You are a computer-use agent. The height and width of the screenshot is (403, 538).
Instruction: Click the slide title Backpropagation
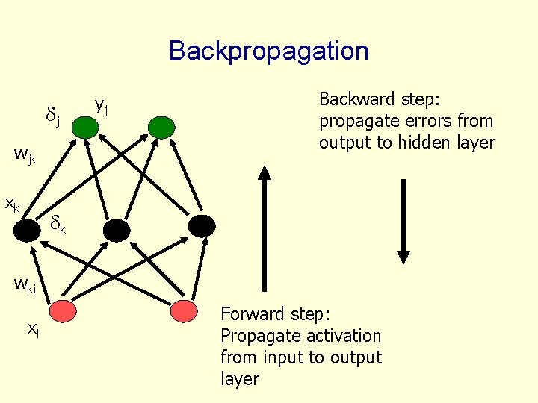coord(268,51)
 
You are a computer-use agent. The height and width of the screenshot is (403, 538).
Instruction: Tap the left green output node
coord(86,128)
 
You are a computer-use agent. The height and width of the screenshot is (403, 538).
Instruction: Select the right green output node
coord(160,128)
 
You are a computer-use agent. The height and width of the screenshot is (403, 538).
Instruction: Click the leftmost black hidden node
coord(28,230)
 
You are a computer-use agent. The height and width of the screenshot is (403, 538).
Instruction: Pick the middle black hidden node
coord(117,230)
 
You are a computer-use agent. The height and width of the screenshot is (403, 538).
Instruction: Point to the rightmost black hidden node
coord(202,226)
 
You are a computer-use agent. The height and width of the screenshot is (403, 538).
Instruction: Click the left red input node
coord(63,309)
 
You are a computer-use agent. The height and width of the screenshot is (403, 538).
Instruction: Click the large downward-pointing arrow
coord(403,221)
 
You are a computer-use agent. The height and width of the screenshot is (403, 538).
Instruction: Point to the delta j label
coord(53,116)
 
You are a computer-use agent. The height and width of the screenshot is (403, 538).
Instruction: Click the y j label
coord(101,107)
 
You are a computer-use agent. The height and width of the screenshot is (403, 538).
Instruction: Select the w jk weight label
coord(25,156)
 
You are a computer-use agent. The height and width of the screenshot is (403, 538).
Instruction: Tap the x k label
coord(13,203)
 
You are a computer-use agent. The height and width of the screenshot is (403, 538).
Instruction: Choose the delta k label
coord(58,223)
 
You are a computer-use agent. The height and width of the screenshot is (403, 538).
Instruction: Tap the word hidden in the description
coord(427,143)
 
